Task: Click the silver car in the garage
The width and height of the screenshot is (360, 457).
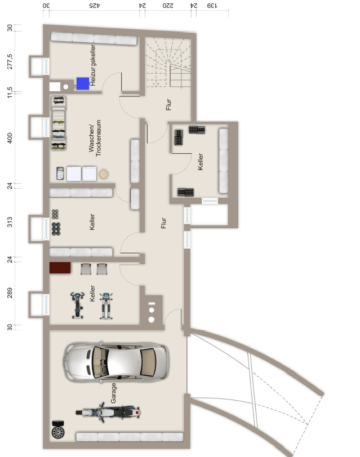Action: [115, 362]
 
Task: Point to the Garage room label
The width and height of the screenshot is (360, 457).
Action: [113, 393]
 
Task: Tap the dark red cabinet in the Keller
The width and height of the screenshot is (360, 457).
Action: [60, 268]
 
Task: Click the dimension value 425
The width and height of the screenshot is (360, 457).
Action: [94, 7]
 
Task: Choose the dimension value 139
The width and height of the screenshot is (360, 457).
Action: [211, 7]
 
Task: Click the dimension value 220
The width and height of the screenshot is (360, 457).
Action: [167, 7]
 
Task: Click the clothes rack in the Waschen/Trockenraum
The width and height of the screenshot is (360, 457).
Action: [58, 125]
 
